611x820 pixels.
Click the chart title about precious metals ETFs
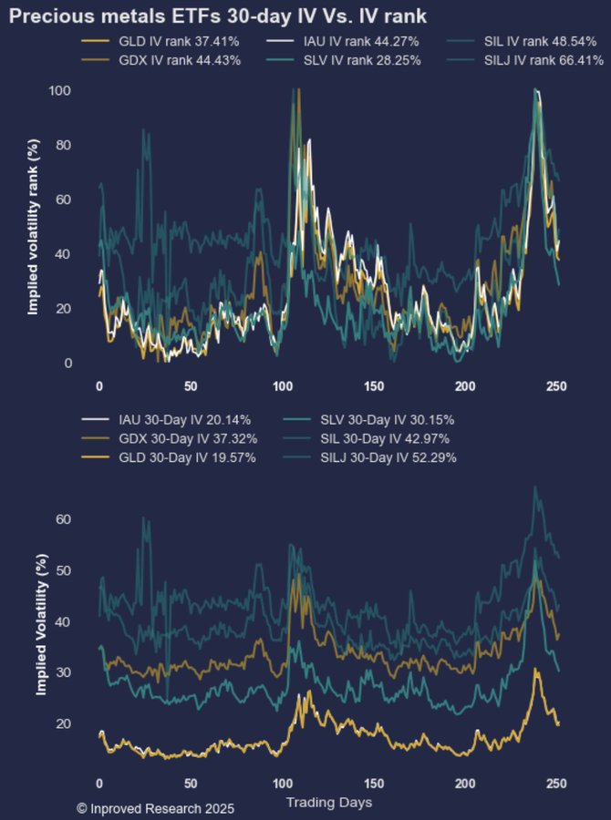point(218,15)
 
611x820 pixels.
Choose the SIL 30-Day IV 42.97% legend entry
point(384,438)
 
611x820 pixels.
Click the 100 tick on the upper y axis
point(61,91)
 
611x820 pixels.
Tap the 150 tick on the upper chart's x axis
point(374,385)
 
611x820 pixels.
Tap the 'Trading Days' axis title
point(328,803)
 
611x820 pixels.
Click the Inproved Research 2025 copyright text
point(156,808)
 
